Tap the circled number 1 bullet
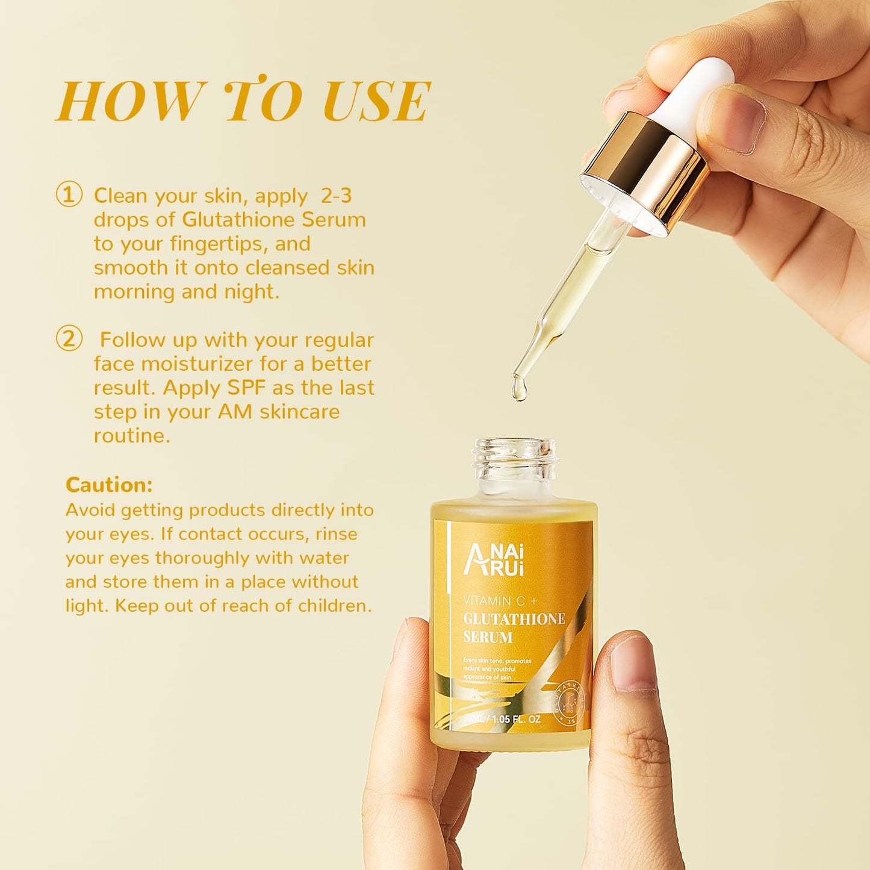[69, 196]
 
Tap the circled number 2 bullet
[69, 340]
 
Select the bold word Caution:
[109, 485]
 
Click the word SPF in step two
[246, 388]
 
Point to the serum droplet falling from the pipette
[519, 388]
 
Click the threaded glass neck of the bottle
[515, 458]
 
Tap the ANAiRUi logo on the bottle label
[493, 559]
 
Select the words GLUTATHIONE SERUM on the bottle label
[513, 627]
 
